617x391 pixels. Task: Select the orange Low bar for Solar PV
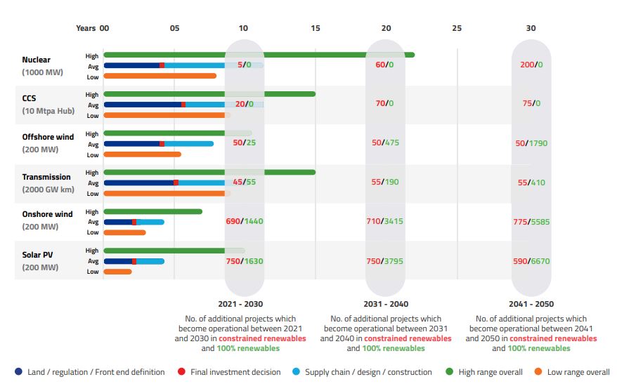coord(117,272)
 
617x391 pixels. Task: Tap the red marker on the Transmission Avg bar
coord(176,183)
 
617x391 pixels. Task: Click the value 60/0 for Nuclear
coord(384,65)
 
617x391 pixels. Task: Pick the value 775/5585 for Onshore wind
coord(531,222)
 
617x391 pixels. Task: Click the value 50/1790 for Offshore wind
coord(531,143)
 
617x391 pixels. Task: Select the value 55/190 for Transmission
coord(384,183)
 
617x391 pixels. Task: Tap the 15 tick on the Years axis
coord(315,28)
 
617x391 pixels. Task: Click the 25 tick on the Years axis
coord(457,28)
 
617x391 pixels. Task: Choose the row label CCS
coord(30,99)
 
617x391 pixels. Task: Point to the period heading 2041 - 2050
coord(531,305)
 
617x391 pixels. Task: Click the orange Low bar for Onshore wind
coord(124,232)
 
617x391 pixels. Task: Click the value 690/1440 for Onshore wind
coord(244,222)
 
